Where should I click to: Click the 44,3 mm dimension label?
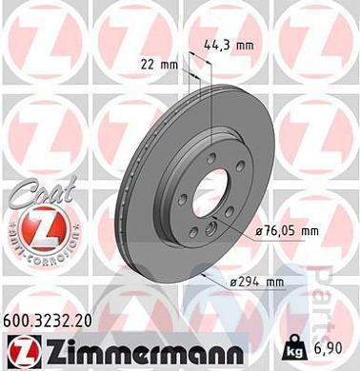[230, 43]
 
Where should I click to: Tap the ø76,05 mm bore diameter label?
[283, 232]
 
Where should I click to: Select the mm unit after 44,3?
[245, 43]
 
